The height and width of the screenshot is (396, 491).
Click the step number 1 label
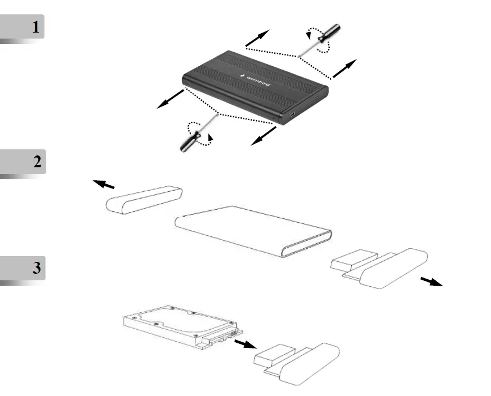click(x=36, y=27)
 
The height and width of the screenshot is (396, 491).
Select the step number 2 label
click(x=36, y=162)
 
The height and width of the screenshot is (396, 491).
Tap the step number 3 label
click(x=36, y=268)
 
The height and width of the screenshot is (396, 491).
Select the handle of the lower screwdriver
click(x=189, y=142)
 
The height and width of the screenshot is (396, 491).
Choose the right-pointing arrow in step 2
click(x=431, y=281)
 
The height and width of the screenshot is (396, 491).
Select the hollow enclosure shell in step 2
click(x=253, y=231)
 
